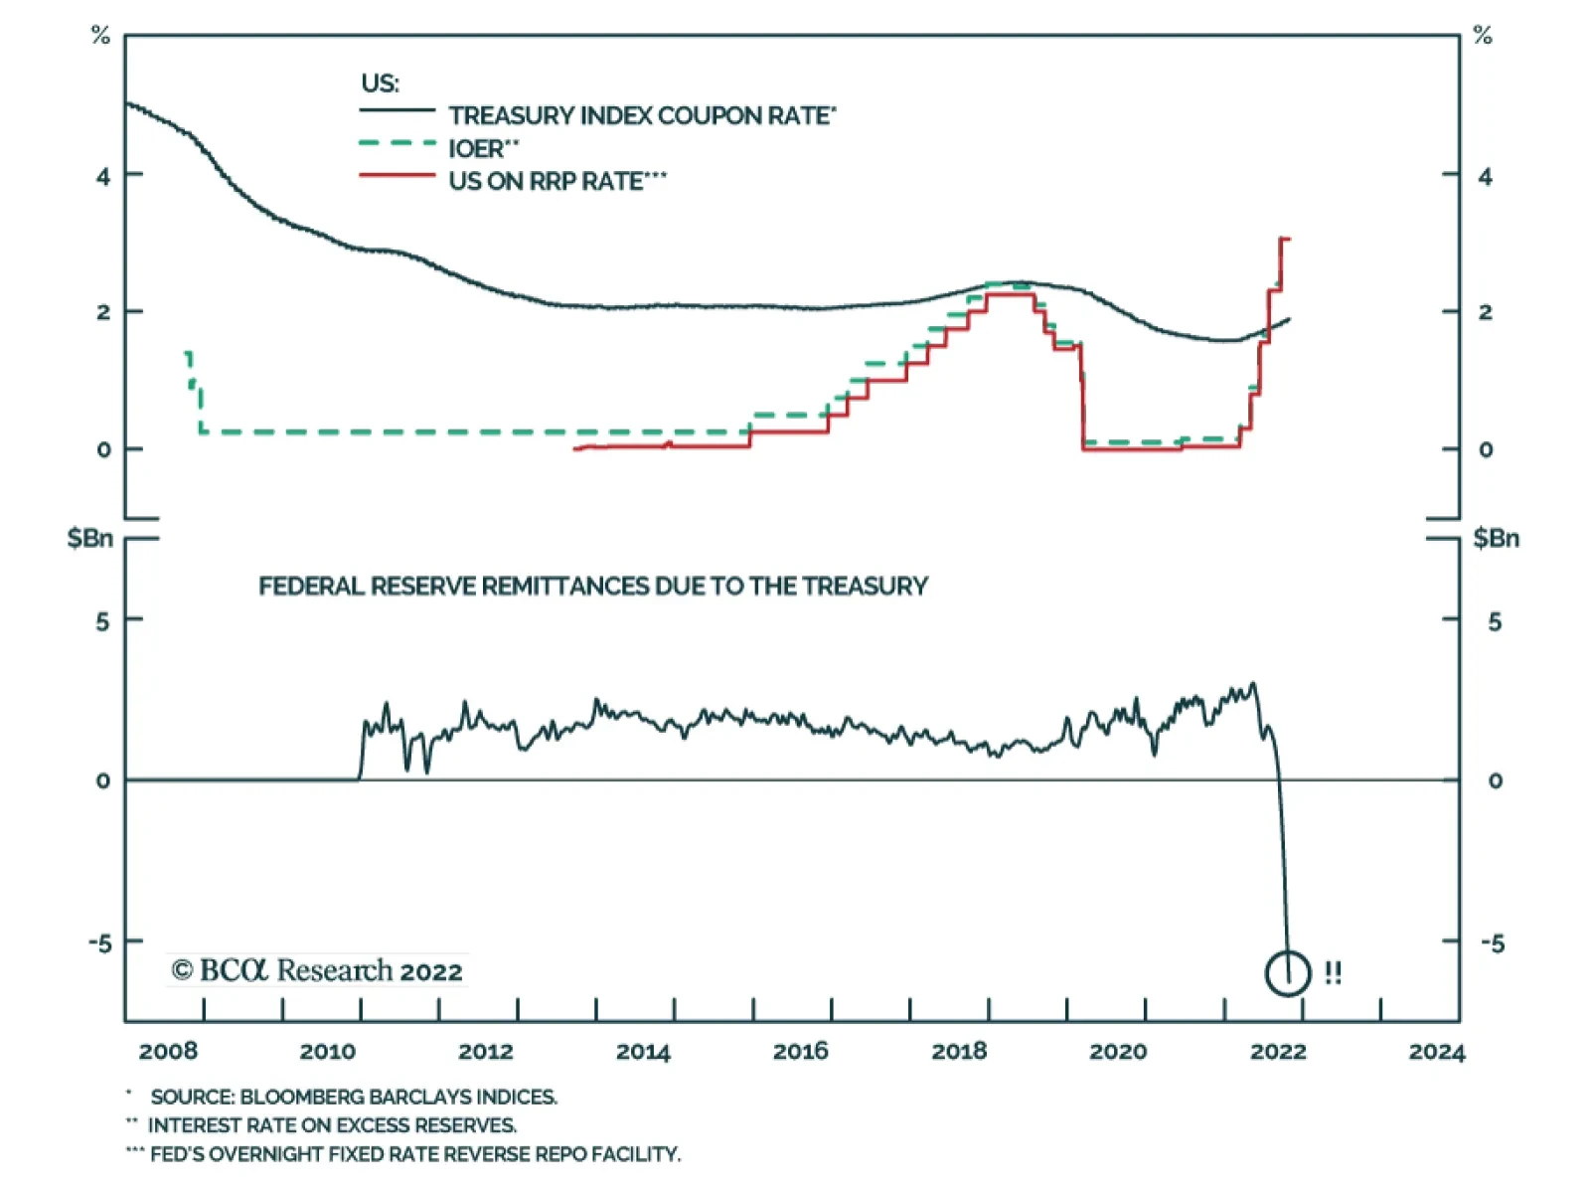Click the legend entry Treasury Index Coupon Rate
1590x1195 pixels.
coord(641,115)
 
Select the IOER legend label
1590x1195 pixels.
coord(483,148)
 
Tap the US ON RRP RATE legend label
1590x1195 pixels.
coord(557,181)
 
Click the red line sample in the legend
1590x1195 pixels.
coord(397,176)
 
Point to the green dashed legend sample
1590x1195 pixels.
coord(397,143)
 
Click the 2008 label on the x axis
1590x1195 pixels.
coord(168,1051)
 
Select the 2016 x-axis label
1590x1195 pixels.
coord(801,1051)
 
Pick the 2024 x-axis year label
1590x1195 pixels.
coord(1436,1051)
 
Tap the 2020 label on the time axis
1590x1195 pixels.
coord(1118,1051)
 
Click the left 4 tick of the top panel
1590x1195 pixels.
coord(103,176)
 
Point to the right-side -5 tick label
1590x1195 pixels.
coord(1493,942)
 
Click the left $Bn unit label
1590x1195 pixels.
coord(89,538)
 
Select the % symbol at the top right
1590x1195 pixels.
coord(1483,36)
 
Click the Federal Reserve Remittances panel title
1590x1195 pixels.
coord(593,586)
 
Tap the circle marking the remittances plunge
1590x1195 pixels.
coord(1289,972)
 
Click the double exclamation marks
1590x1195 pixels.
coord(1333,972)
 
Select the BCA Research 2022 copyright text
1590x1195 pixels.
coord(317,970)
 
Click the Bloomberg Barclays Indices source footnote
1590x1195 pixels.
coord(354,1097)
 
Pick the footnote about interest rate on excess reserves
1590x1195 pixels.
coord(332,1125)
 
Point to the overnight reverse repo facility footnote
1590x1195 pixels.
coord(415,1154)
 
